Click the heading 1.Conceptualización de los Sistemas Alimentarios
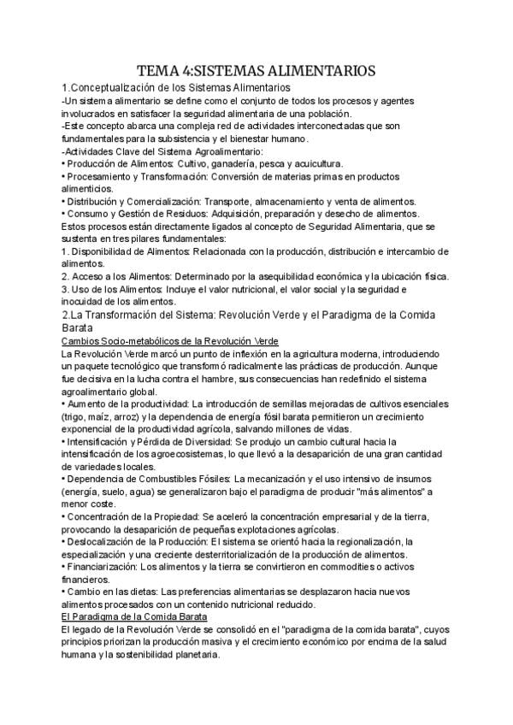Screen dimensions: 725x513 (x=176, y=88)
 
